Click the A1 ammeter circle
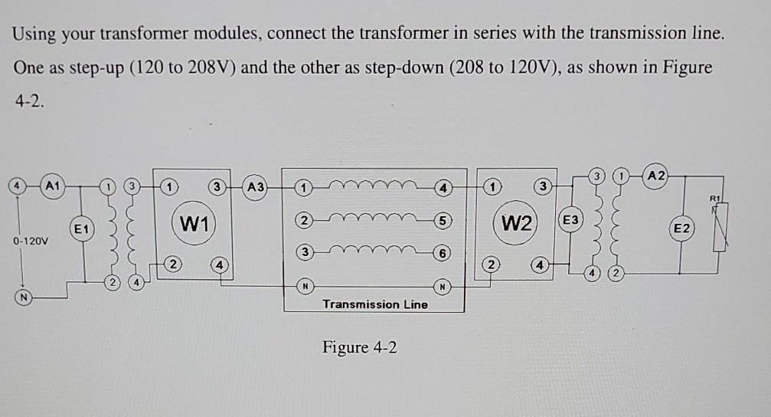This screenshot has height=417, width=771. point(52,186)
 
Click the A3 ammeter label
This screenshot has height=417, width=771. point(256,186)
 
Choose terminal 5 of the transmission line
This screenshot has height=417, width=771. point(442,220)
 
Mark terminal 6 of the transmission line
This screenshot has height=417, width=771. point(442,253)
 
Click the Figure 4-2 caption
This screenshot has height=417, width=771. point(360,347)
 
